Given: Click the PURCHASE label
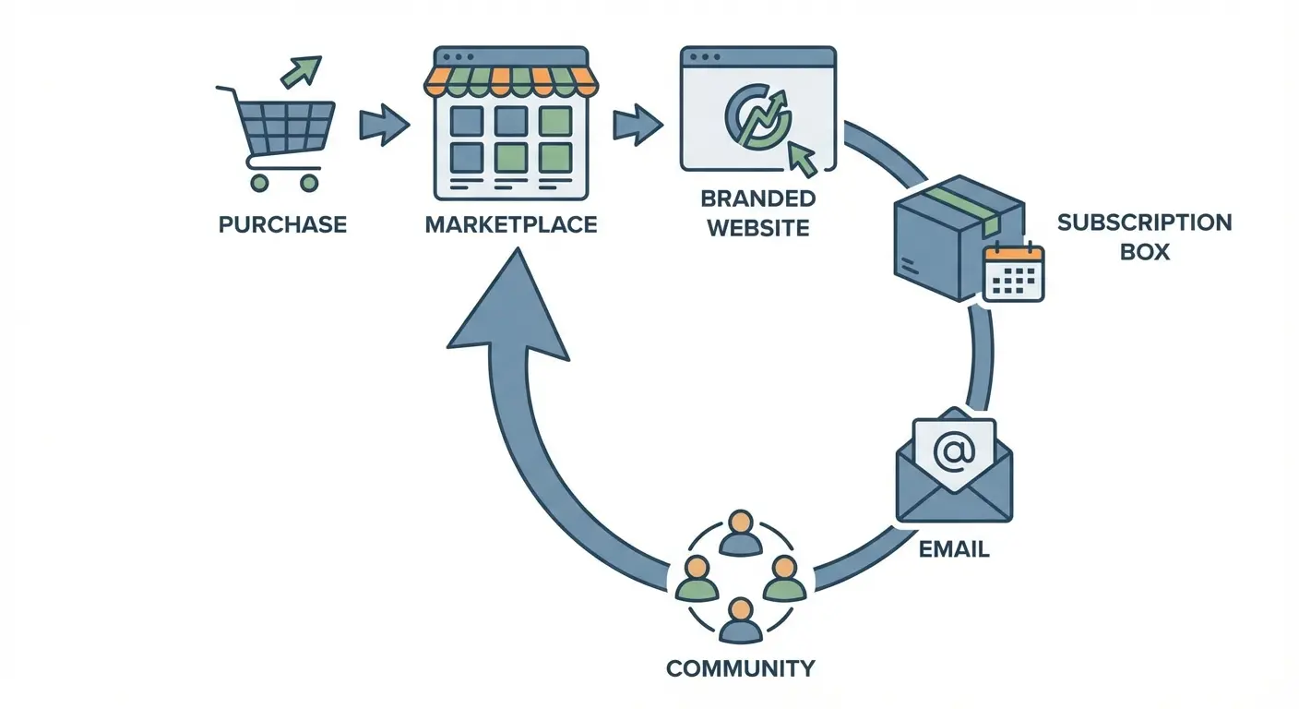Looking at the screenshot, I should [282, 224].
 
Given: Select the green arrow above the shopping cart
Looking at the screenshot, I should [301, 71].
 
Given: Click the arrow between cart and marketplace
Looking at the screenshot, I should [382, 125].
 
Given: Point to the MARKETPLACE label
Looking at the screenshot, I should [510, 224].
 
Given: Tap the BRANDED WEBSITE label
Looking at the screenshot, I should [757, 213].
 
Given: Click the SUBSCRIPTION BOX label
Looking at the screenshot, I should [1144, 236].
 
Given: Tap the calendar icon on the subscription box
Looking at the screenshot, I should [1013, 272].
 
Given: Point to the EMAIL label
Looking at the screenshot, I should [954, 549].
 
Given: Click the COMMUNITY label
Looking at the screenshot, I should [741, 667].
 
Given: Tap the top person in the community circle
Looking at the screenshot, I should [738, 533].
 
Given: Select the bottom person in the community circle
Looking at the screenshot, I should [738, 620].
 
